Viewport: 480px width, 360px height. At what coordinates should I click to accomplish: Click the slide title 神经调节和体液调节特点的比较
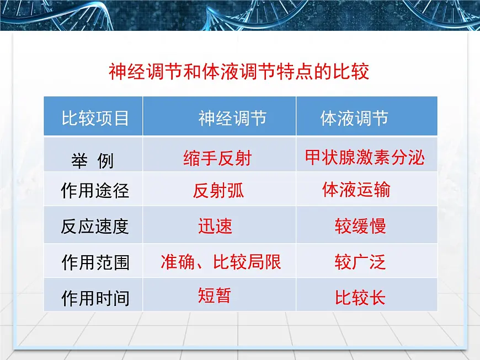(239, 72)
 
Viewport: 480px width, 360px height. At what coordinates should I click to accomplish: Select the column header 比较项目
(95, 118)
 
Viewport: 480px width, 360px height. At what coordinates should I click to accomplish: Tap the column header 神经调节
(232, 118)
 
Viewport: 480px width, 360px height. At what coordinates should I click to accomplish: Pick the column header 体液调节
(354, 118)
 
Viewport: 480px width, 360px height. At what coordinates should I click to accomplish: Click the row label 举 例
(92, 160)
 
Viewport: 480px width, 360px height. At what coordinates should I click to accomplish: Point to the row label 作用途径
(95, 191)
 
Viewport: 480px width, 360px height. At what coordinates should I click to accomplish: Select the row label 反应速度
(95, 227)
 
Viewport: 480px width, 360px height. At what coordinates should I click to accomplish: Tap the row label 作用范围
(95, 262)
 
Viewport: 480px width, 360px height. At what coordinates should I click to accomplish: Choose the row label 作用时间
(95, 298)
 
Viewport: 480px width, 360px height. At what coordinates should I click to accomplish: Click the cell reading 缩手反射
(217, 159)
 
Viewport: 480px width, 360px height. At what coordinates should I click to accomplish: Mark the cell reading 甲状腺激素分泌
(365, 158)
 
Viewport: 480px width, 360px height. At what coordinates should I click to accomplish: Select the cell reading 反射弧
(218, 191)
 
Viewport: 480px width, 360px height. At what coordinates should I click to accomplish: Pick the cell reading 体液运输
(356, 190)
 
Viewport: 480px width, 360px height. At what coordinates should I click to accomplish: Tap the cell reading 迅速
(215, 226)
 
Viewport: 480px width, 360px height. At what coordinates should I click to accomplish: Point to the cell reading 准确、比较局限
(221, 262)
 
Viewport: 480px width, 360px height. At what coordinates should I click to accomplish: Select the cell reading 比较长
(360, 298)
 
